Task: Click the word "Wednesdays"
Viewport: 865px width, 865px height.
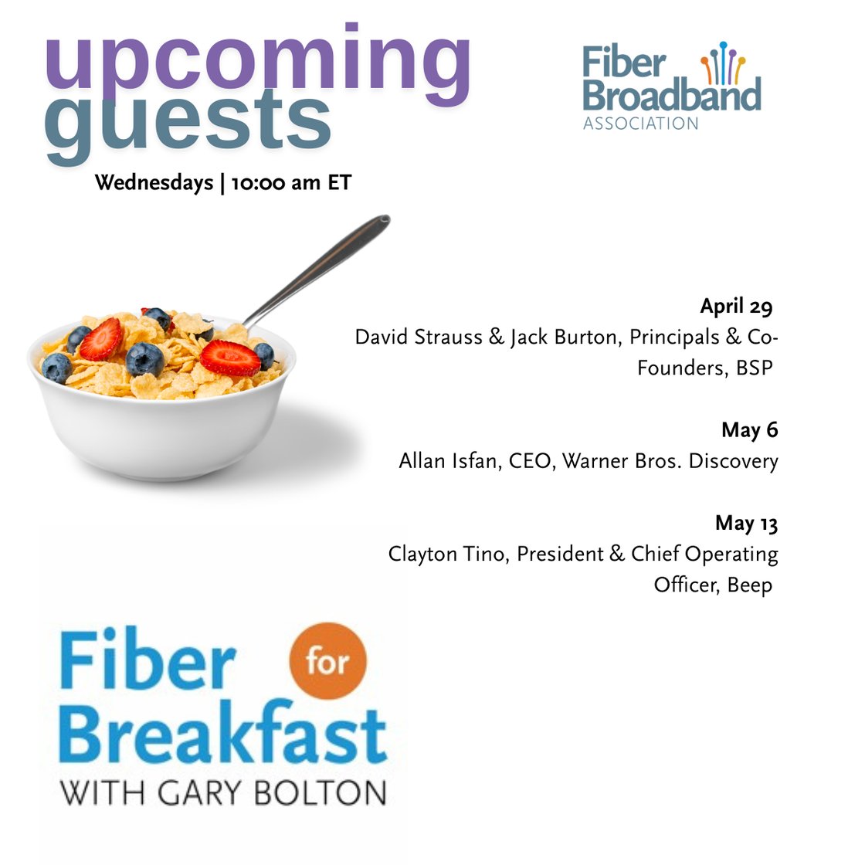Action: pyautogui.click(x=154, y=183)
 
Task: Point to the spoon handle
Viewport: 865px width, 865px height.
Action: pyautogui.click(x=324, y=263)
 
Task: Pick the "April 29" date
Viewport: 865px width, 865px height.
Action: pyautogui.click(x=736, y=307)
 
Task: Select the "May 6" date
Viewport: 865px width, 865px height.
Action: pyautogui.click(x=749, y=430)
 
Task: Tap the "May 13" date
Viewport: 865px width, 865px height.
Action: pyautogui.click(x=746, y=523)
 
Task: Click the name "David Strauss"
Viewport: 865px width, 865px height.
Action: pyautogui.click(x=418, y=338)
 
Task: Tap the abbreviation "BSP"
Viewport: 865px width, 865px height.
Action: pyautogui.click(x=755, y=368)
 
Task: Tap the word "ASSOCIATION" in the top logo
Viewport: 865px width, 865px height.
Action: pyautogui.click(x=640, y=124)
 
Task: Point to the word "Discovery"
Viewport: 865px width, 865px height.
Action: pyautogui.click(x=733, y=461)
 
